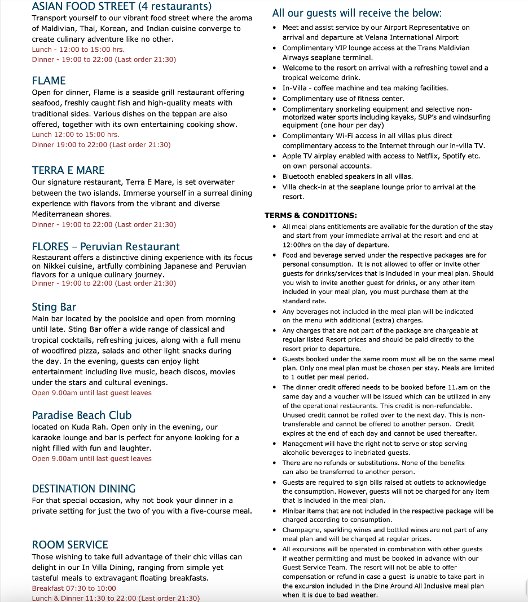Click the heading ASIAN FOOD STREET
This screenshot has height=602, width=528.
point(121,7)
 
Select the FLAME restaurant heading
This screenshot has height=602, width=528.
point(49,81)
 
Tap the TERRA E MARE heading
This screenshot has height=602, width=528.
point(68,170)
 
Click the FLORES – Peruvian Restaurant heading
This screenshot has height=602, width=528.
point(106,246)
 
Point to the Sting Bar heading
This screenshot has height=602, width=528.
point(54,307)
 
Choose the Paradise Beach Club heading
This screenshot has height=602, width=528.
point(82,415)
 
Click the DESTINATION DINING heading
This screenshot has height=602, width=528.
point(84,489)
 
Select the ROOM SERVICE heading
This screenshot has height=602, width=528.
point(70,545)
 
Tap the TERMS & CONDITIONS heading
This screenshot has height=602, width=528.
point(311,215)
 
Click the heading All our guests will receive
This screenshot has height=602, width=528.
point(357,13)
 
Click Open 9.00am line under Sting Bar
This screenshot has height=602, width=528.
point(92,393)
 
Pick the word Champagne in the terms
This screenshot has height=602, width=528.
point(301,530)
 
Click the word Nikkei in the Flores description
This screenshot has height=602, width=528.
point(55,266)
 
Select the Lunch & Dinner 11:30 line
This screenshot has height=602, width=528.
point(116,598)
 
